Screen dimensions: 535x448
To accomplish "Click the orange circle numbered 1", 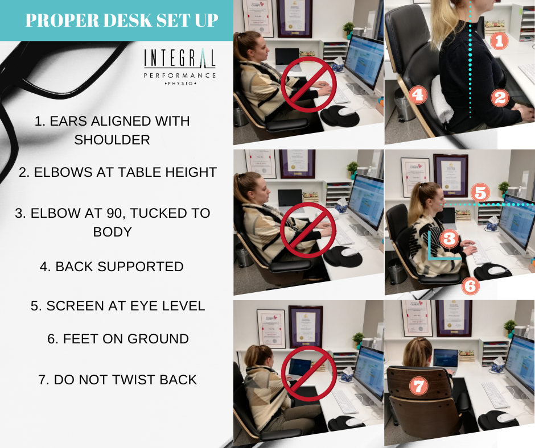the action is click(x=499, y=41).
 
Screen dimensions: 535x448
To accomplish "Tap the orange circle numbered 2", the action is click(x=500, y=98).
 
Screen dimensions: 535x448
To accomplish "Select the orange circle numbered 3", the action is click(x=449, y=238).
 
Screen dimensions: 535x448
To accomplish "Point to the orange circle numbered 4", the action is click(x=418, y=94).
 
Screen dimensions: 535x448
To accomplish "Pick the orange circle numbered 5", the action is click(x=480, y=193).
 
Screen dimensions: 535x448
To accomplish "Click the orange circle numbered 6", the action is click(x=471, y=285).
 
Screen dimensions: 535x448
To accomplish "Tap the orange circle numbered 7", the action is click(x=419, y=386).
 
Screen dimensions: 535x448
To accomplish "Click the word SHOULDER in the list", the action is click(x=112, y=140).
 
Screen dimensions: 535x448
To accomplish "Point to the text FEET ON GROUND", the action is click(x=118, y=338).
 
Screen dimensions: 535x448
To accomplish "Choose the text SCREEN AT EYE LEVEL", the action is click(x=118, y=306).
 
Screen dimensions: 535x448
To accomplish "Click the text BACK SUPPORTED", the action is click(x=112, y=266).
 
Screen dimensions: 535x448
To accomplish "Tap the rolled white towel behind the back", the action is click(x=442, y=99).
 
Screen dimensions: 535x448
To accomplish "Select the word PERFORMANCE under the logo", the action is click(x=180, y=76).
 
